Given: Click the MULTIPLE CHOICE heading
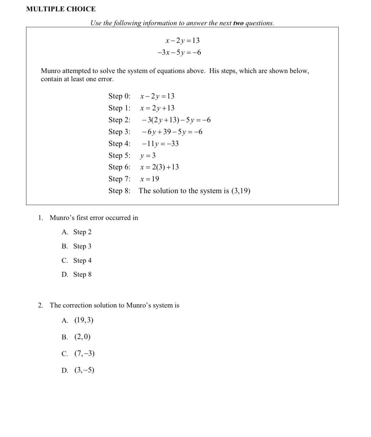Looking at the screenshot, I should pos(61,9).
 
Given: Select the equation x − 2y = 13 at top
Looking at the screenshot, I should pos(182,41).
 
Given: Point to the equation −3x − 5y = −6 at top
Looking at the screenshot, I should pos(179,53).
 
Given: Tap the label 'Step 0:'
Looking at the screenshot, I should pos(119,96).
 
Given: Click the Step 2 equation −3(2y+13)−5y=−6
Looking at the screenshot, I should pos(177,120).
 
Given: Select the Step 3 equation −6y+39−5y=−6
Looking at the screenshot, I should pos(172,132).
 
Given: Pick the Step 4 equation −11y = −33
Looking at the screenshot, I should pos(160,144).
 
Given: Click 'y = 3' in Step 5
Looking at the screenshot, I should pos(148,156).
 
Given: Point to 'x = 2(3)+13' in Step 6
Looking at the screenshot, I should pos(160,167).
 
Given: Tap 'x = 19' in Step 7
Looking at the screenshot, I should pos(150,179).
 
